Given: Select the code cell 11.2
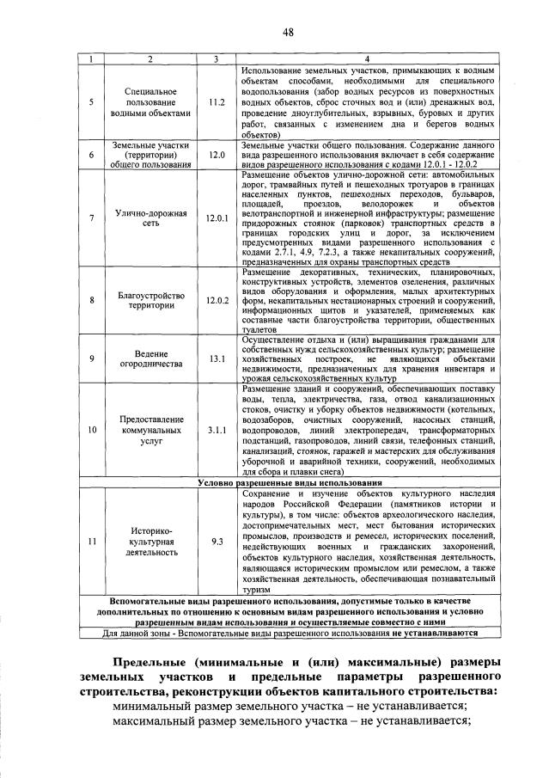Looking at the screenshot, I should tap(216, 102).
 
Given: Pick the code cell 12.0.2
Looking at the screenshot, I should tap(216, 300).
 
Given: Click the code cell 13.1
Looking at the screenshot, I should tap(216, 358).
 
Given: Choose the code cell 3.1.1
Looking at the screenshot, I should tap(216, 429).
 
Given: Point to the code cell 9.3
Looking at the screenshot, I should tap(216, 541).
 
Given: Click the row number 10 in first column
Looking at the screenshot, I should tap(91, 429).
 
